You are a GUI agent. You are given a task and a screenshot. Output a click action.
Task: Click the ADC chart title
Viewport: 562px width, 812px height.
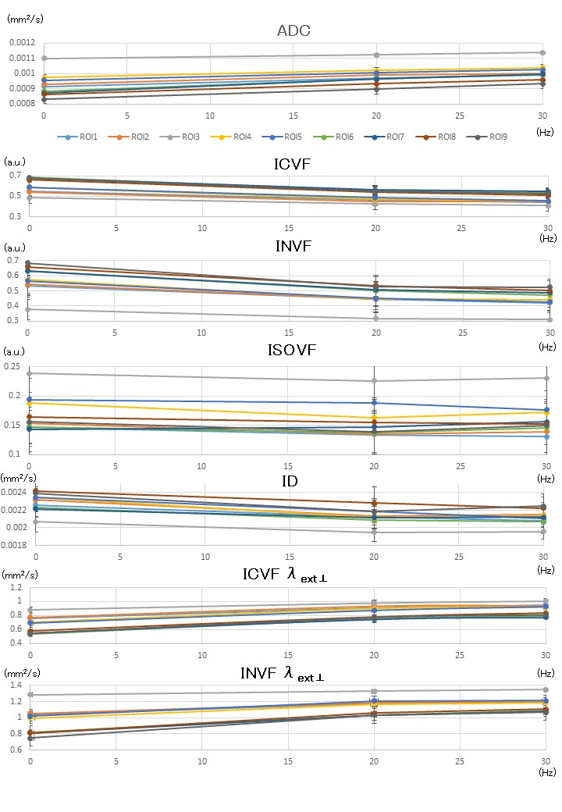point(293,31)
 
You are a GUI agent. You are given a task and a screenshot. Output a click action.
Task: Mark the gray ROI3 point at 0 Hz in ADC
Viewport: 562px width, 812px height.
point(44,59)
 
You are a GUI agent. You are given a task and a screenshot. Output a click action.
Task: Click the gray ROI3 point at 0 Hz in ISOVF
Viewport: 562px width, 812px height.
point(30,373)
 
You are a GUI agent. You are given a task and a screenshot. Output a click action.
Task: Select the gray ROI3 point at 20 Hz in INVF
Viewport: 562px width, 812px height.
point(375,318)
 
